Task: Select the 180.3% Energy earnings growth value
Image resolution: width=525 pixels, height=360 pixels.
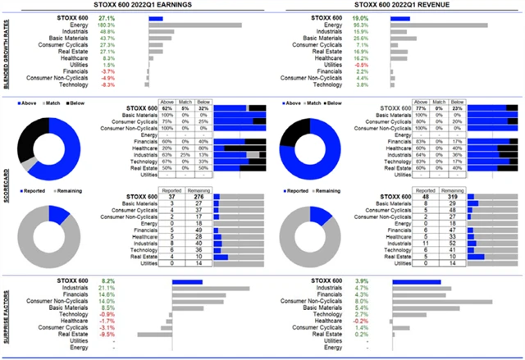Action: click(x=106, y=25)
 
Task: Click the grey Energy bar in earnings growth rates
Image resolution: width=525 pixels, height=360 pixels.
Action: click(x=194, y=25)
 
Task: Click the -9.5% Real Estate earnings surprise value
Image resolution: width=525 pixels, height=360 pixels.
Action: click(x=107, y=334)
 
